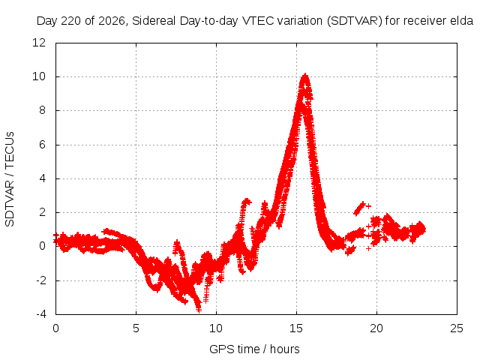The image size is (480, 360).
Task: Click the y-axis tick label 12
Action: [39, 43]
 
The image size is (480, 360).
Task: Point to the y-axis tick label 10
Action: [39, 76]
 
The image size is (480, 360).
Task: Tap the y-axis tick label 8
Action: [42, 110]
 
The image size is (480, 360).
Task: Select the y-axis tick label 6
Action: [42, 145]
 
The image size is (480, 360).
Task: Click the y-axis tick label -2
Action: [41, 280]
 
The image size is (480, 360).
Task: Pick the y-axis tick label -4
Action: [41, 314]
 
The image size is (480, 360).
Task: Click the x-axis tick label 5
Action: [136, 328]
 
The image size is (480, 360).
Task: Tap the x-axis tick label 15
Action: [296, 328]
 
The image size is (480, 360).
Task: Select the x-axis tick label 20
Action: [376, 328]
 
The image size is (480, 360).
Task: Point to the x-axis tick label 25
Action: [457, 328]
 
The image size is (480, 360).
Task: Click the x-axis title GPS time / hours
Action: [254, 349]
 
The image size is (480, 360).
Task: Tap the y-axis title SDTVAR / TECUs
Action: [10, 179]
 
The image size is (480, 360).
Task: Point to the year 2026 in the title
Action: [112, 21]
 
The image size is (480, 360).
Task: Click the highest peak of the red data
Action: [305, 75]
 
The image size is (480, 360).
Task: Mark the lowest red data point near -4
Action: [199, 310]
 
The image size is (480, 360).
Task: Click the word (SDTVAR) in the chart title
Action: [355, 21]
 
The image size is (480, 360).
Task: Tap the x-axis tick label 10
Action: [216, 328]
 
